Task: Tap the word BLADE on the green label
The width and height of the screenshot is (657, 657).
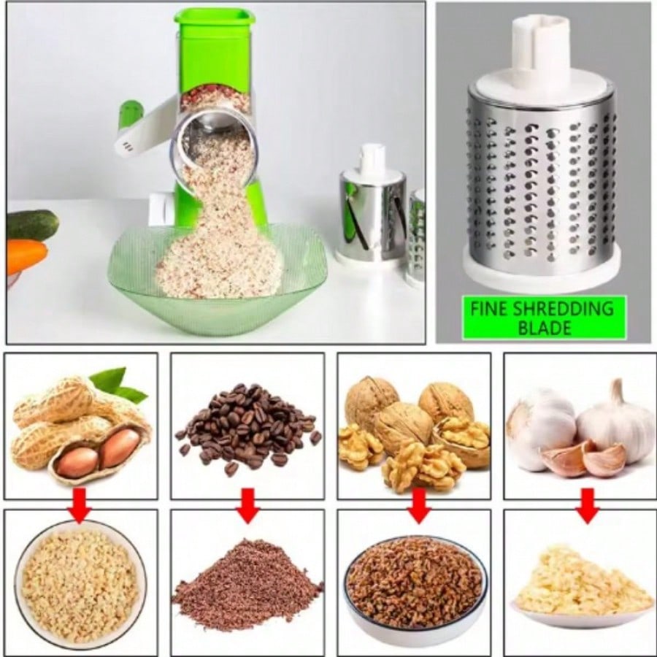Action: pos(545,328)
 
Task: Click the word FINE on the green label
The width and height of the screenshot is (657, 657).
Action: pos(489,309)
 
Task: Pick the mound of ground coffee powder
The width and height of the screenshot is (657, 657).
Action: pos(248,585)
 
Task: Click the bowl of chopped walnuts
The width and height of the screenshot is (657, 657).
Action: pos(415,583)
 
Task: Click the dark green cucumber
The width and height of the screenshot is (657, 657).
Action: pos(32,225)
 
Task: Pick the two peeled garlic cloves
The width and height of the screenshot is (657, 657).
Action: pos(585,458)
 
